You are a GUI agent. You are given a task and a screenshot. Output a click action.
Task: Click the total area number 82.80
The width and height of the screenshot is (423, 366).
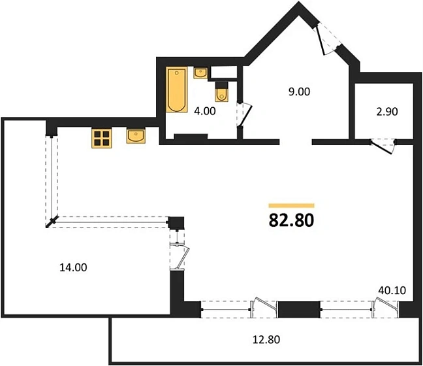291,220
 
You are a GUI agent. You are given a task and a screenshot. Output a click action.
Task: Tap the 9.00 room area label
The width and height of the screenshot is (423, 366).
299,92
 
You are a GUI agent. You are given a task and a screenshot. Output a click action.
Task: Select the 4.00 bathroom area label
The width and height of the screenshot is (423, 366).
205,111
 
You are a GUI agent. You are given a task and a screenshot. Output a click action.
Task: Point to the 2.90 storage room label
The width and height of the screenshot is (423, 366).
387,112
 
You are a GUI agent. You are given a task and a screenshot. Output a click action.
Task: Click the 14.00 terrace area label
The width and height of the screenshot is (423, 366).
73,268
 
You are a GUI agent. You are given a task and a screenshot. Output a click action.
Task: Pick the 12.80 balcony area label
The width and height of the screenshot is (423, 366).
266,339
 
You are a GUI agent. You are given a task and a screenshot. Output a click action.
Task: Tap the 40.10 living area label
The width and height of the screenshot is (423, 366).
392,290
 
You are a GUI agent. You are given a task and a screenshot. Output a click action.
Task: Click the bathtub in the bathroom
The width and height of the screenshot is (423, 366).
177,90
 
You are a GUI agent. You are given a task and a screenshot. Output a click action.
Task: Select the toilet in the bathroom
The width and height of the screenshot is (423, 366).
222,91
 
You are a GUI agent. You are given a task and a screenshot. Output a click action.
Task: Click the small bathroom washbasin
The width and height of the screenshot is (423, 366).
200,73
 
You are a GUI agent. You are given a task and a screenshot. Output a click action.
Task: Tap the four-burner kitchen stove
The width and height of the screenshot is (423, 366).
101,139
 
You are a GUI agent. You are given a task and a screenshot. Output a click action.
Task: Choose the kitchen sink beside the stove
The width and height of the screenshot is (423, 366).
136,136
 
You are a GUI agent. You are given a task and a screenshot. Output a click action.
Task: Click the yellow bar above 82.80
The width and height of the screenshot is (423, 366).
291,206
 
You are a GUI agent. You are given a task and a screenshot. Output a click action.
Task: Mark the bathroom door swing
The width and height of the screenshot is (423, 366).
245,114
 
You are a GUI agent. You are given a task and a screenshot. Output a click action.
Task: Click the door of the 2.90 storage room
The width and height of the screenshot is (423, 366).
383,146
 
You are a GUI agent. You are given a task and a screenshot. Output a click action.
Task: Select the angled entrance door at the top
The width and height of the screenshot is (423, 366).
326,39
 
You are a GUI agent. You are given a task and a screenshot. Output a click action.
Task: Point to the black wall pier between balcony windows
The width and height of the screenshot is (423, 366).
299,310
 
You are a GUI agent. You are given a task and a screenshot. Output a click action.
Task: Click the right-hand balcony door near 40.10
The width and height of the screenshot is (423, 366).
385,307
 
